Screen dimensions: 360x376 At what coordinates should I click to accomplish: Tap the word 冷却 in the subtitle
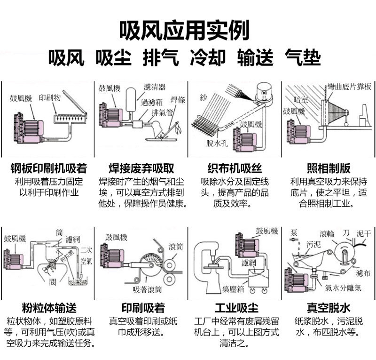click(x=208, y=58)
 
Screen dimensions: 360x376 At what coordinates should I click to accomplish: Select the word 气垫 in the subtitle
click(x=303, y=58)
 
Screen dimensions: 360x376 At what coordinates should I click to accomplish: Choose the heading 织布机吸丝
click(x=235, y=168)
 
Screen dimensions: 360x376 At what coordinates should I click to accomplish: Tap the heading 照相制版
click(x=329, y=168)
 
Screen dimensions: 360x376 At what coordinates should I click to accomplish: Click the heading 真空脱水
click(x=329, y=309)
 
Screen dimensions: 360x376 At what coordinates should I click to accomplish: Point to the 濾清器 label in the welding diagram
click(x=155, y=88)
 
